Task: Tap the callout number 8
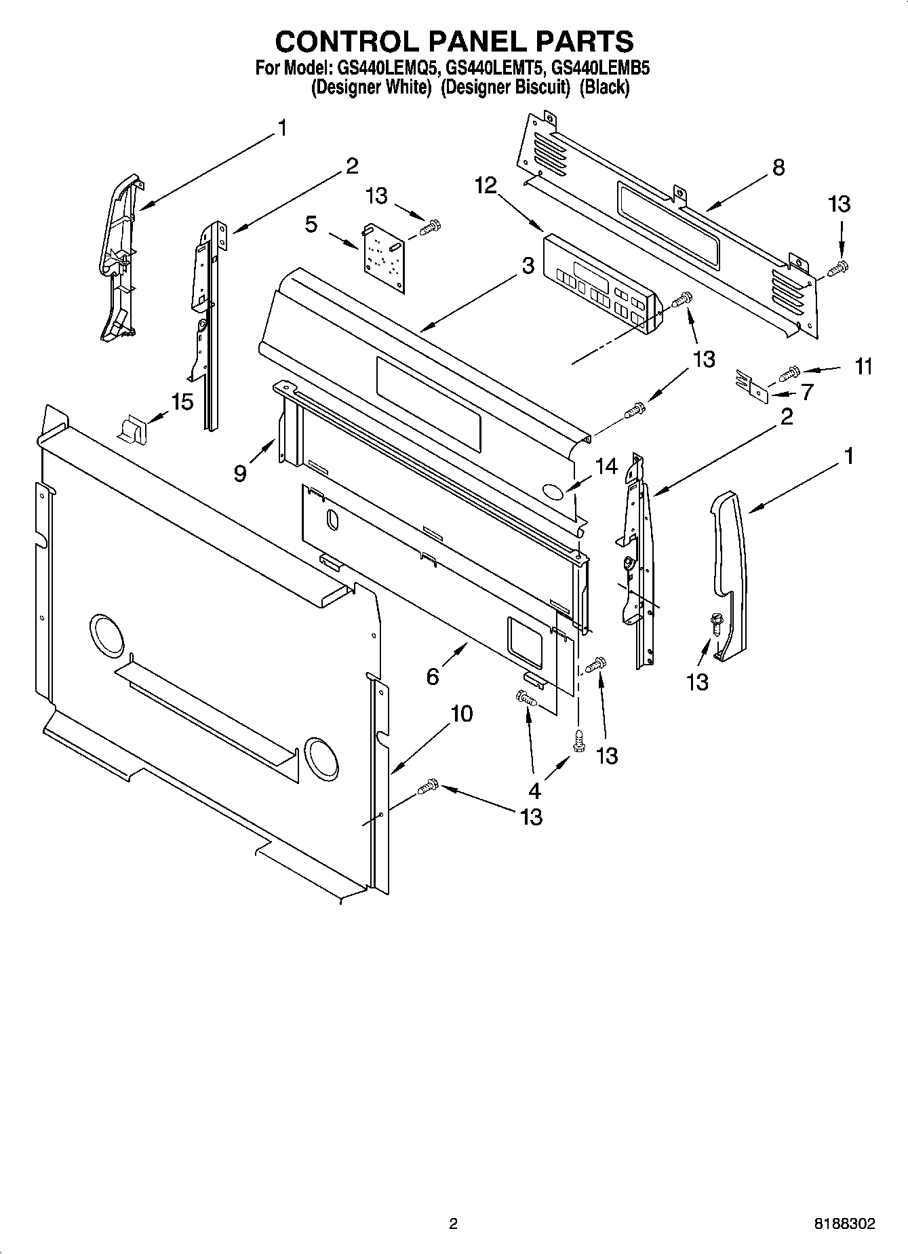pyautogui.click(x=778, y=167)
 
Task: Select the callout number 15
pyautogui.click(x=182, y=401)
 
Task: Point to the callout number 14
pyautogui.click(x=606, y=466)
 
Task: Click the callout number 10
pyautogui.click(x=461, y=713)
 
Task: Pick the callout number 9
pyautogui.click(x=240, y=473)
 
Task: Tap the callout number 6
pyautogui.click(x=433, y=676)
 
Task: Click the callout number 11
pyautogui.click(x=863, y=367)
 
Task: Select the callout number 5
pyautogui.click(x=311, y=224)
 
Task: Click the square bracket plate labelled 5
pyautogui.click(x=384, y=258)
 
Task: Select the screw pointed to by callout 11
pyautogui.click(x=791, y=372)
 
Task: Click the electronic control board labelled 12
pyautogui.click(x=600, y=283)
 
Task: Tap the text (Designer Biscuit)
pyautogui.click(x=505, y=87)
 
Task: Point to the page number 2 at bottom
pyautogui.click(x=453, y=1224)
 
